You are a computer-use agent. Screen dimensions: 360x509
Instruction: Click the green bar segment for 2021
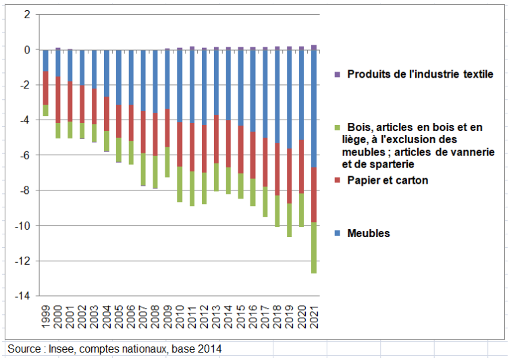click(x=314, y=248)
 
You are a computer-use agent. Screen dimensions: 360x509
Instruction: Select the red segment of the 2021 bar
click(x=314, y=195)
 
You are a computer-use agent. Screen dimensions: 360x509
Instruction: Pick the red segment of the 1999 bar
click(x=45, y=88)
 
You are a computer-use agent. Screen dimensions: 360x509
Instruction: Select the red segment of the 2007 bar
click(x=143, y=132)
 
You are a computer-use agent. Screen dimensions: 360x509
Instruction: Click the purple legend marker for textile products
click(x=338, y=74)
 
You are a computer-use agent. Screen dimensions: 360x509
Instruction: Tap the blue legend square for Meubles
click(x=338, y=233)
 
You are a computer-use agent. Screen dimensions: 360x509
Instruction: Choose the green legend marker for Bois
click(x=338, y=127)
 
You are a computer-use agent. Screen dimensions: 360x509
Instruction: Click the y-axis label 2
click(x=27, y=14)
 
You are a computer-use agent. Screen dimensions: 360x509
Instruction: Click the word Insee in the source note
click(x=58, y=349)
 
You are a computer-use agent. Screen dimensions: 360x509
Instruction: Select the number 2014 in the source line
click(x=208, y=349)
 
